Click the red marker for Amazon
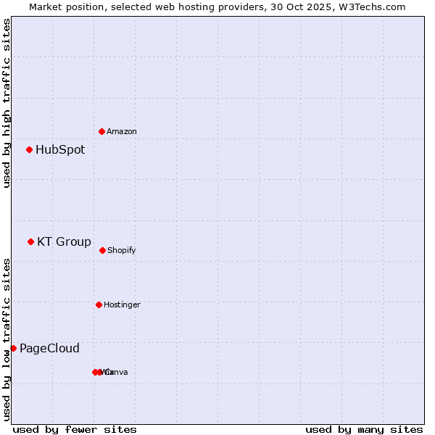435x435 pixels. pos(101,131)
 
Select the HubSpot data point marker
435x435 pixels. pos(29,150)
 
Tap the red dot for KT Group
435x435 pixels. pos(30,242)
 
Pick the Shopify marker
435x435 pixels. pos(102,250)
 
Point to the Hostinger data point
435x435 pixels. pos(99,304)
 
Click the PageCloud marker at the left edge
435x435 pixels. pos(13,349)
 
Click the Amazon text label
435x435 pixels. pos(122,132)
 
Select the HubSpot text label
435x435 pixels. pos(60,150)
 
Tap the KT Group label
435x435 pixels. pos(64,242)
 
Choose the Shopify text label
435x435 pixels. pos(122,251)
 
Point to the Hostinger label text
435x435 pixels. pos(122,305)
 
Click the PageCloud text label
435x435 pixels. pos(49,349)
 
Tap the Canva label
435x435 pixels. pos(117,373)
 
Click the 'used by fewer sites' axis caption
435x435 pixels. pos(75,430)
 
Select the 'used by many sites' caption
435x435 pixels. pos(364,430)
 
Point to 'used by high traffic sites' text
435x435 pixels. pos(7,103)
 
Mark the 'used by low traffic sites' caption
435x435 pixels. pos(7,339)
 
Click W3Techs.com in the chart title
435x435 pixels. pos(372,7)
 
